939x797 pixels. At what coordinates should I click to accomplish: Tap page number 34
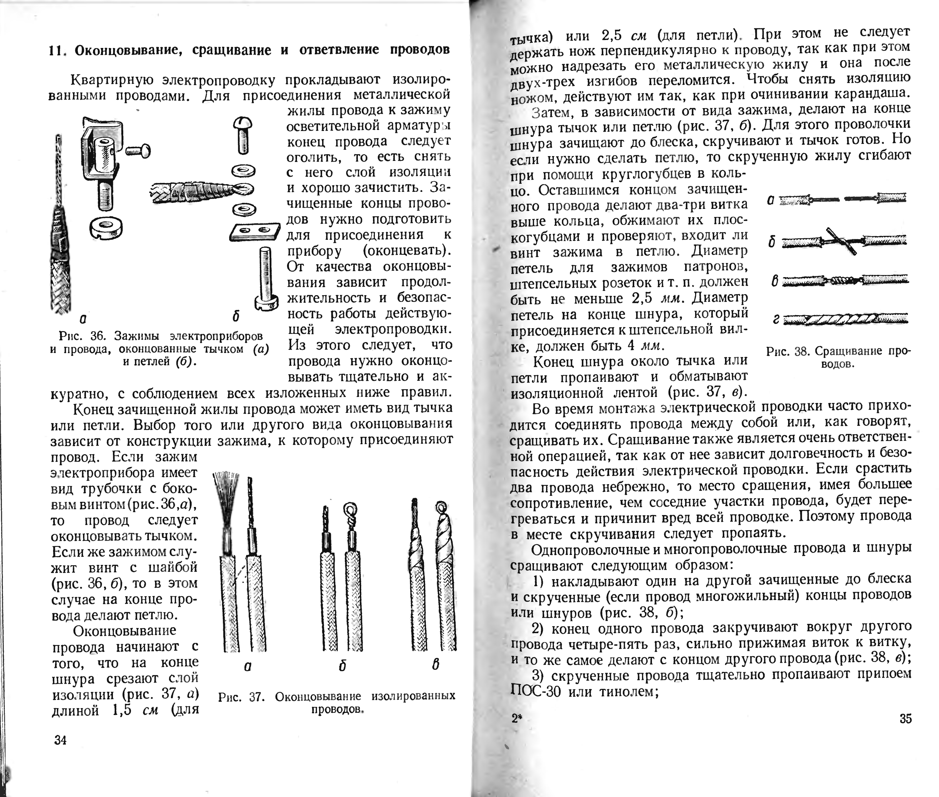(x=60, y=740)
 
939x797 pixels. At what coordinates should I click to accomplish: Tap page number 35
(x=905, y=719)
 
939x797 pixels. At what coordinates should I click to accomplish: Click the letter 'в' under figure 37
(x=435, y=665)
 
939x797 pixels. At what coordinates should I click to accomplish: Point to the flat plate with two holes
(x=255, y=232)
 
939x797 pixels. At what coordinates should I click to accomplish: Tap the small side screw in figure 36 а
(x=138, y=151)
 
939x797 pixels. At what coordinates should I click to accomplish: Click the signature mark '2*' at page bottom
(x=516, y=718)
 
